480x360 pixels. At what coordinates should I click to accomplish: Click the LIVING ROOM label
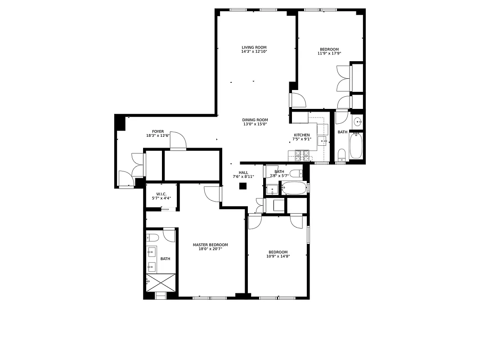tap(254, 47)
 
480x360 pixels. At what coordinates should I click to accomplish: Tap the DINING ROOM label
tap(255, 120)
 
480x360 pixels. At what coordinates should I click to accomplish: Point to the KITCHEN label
tap(302, 135)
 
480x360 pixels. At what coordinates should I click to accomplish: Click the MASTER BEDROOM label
tap(210, 245)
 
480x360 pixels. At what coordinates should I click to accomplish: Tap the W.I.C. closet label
tap(161, 194)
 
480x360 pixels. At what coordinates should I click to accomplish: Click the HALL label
tap(243, 172)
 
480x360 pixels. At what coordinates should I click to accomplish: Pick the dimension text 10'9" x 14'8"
tap(278, 256)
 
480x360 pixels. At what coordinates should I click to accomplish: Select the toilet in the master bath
tap(152, 238)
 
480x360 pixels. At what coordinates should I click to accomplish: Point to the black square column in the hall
tap(243, 186)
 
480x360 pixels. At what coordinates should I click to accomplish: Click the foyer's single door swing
tap(178, 141)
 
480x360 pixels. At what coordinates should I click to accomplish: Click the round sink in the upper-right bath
tap(357, 121)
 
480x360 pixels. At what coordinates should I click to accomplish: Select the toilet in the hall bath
tap(296, 173)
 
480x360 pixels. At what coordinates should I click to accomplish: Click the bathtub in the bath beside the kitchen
tap(356, 146)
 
